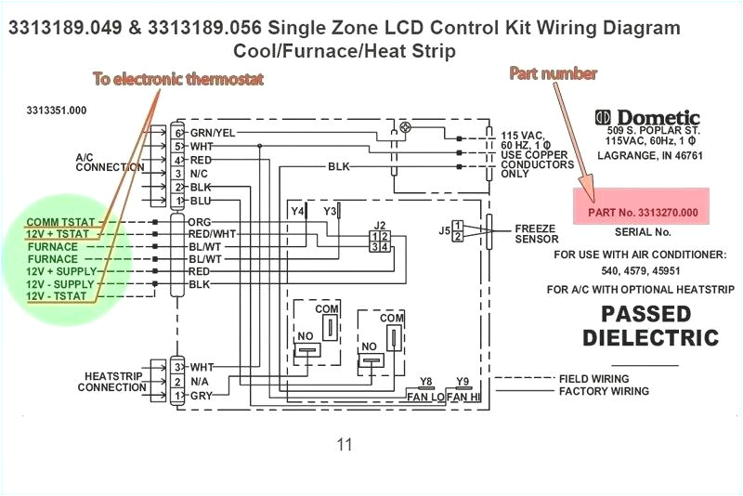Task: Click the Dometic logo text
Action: click(658, 118)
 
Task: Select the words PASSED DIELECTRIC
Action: click(651, 325)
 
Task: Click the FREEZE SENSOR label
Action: click(537, 233)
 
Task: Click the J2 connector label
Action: click(379, 226)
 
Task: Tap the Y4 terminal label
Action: click(297, 212)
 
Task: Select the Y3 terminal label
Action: click(330, 212)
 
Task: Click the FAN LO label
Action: click(424, 397)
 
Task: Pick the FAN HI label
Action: click(462, 397)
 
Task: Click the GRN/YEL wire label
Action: click(213, 132)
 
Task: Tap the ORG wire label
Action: click(200, 223)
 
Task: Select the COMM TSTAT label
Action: click(61, 223)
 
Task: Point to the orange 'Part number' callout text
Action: click(553, 72)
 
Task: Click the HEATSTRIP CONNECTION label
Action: click(111, 381)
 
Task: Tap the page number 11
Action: click(345, 444)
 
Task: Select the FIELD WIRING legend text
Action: click(593, 379)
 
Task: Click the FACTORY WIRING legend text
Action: click(604, 391)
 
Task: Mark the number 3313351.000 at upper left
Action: click(57, 110)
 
